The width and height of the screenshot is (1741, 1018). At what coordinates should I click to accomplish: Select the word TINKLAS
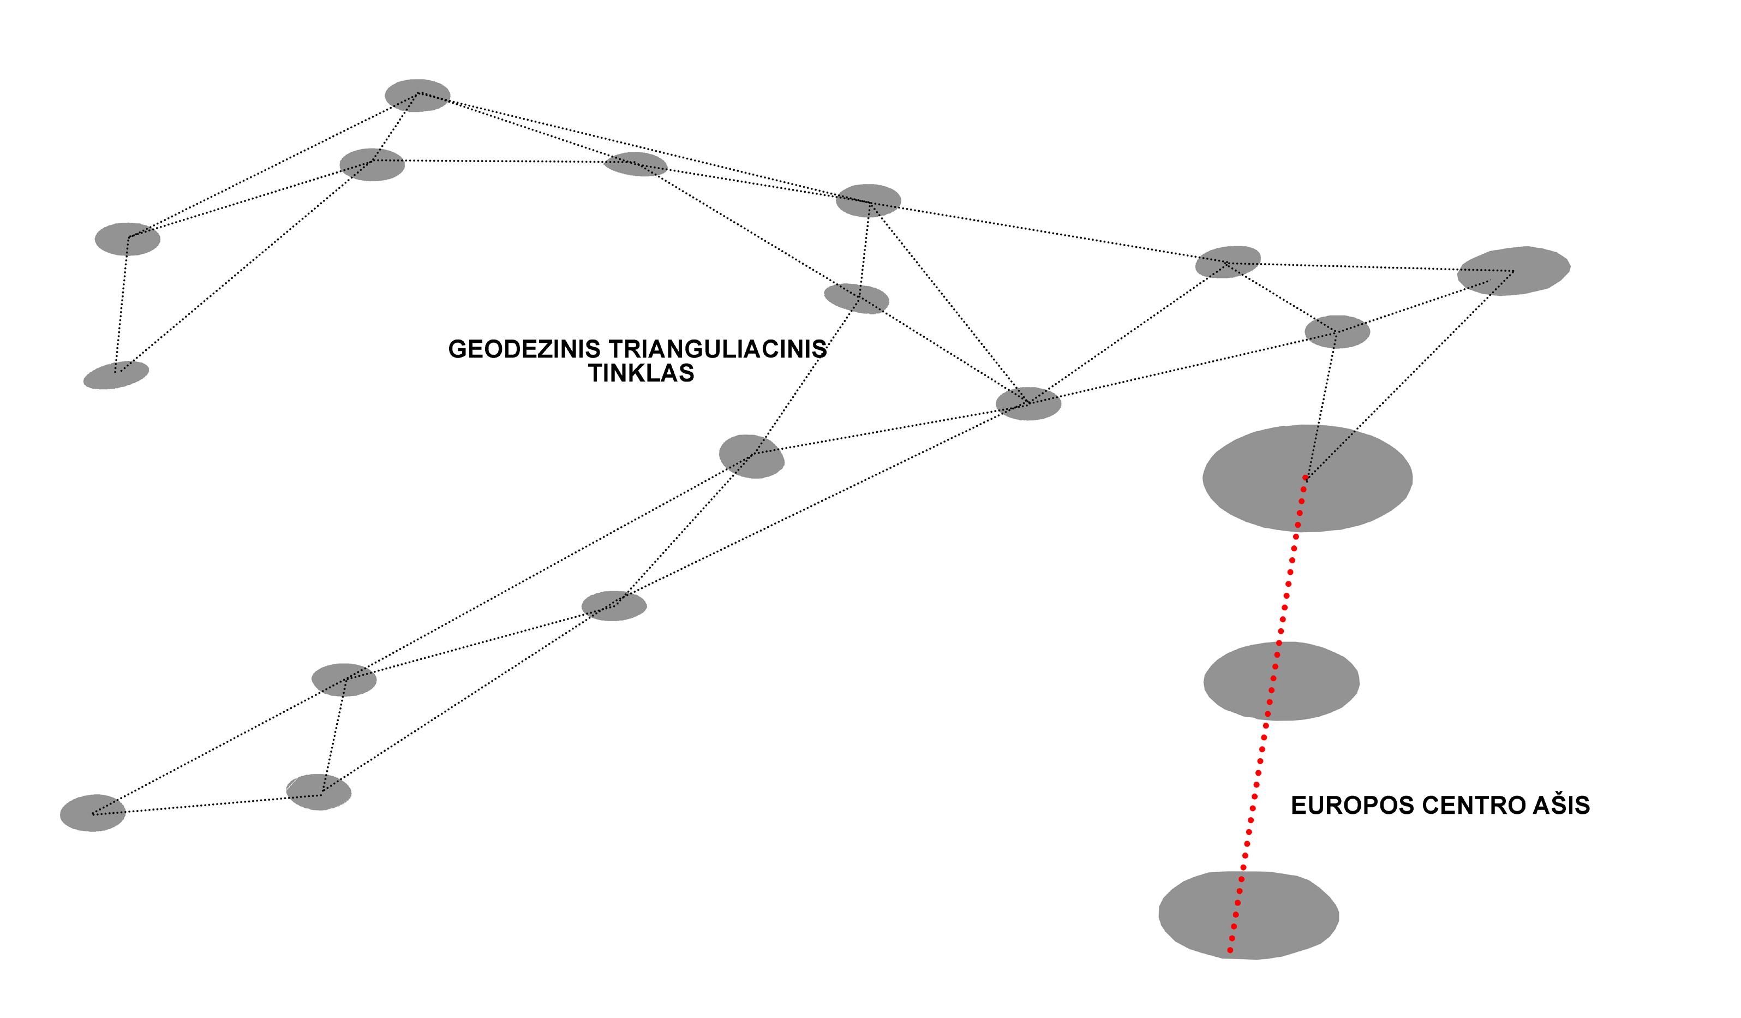tap(641, 373)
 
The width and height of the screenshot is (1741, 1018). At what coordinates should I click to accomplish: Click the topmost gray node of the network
tap(417, 96)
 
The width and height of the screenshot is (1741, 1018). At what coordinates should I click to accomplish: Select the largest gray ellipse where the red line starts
tap(1307, 478)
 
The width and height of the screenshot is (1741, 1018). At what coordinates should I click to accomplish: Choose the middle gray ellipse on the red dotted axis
tap(1282, 681)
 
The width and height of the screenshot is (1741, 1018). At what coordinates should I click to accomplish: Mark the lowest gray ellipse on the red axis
tap(1248, 915)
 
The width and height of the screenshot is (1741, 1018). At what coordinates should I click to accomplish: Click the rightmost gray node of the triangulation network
tap(1513, 271)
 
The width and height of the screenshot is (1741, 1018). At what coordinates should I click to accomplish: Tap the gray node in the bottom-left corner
tap(93, 813)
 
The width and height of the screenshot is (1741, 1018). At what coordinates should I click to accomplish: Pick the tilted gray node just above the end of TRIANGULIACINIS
tap(856, 299)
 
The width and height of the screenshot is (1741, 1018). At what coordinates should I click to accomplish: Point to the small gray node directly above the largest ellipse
tap(1337, 332)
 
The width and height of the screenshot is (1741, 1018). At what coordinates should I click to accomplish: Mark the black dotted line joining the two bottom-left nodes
tap(207, 805)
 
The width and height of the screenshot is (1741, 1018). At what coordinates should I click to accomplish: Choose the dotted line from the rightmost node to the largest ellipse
tap(1409, 374)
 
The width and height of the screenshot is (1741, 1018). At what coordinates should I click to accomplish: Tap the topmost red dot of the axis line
tap(1305, 478)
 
